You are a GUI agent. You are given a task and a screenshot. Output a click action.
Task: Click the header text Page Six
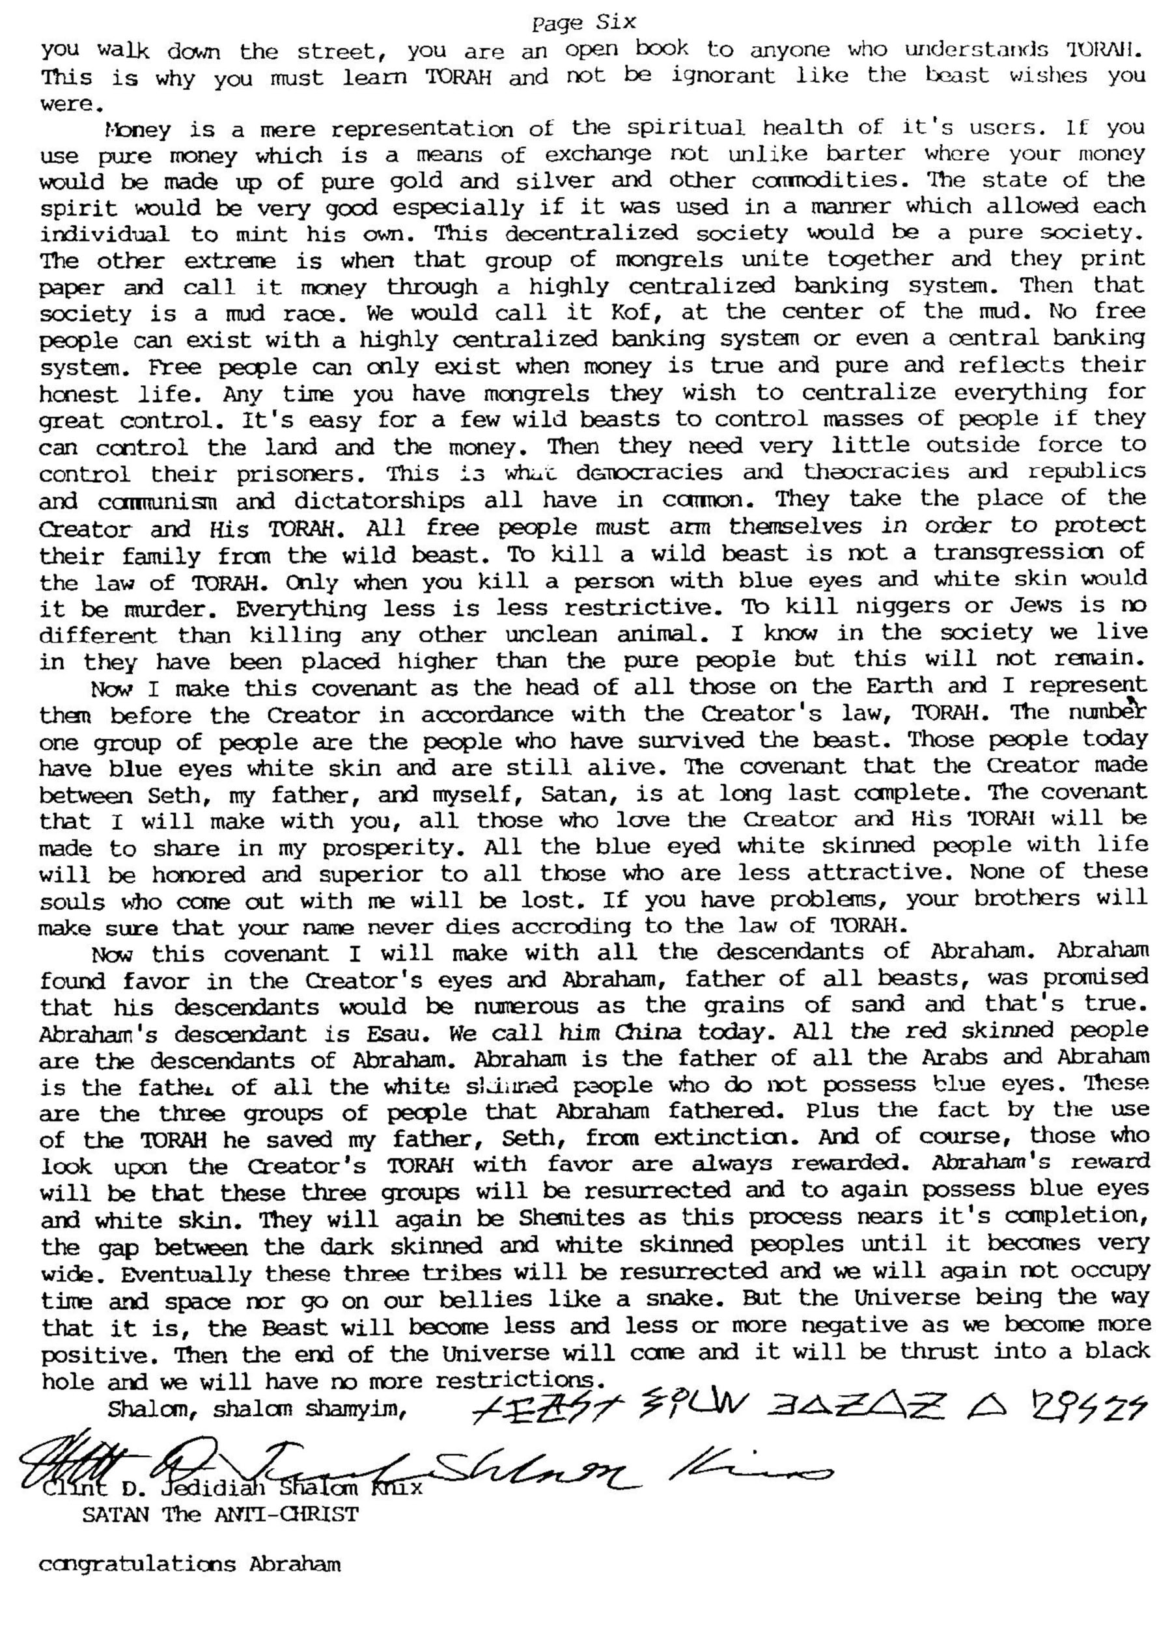pyautogui.click(x=583, y=23)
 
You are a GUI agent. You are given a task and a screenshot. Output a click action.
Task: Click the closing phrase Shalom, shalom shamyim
pyautogui.click(x=258, y=1408)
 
